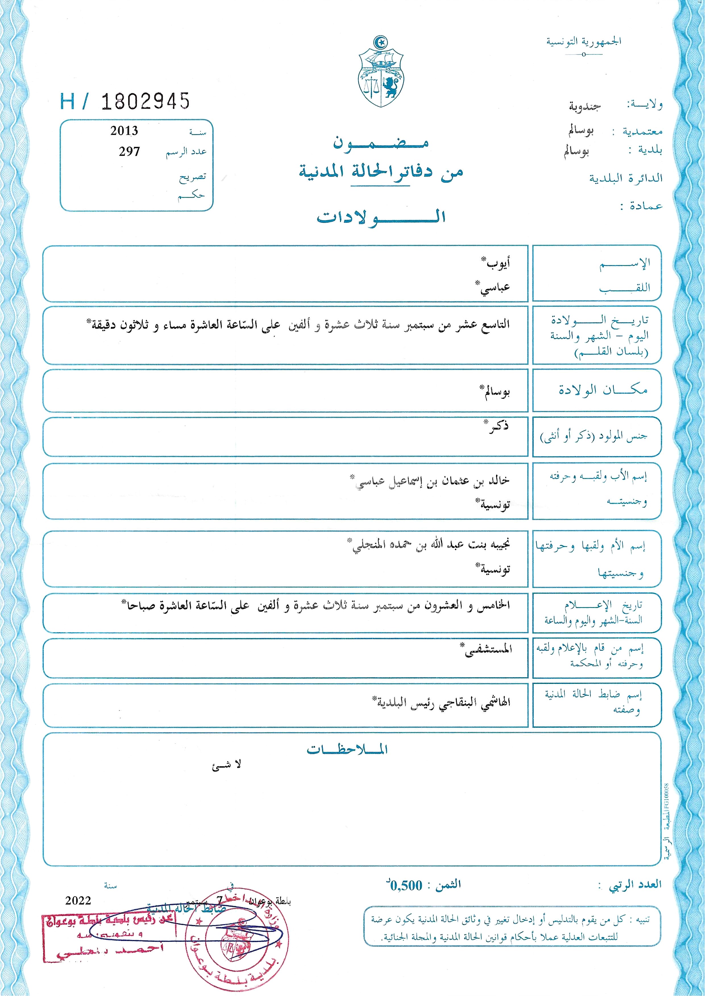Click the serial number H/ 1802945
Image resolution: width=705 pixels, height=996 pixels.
click(x=125, y=101)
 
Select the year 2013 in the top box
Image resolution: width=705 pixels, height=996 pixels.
click(x=124, y=131)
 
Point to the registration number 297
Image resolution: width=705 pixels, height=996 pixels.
click(x=129, y=152)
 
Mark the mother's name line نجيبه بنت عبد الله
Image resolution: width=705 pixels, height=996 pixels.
click(x=431, y=545)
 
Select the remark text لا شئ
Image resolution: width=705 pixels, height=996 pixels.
click(x=227, y=765)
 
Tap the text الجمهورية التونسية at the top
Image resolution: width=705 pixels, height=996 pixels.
click(x=583, y=42)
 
